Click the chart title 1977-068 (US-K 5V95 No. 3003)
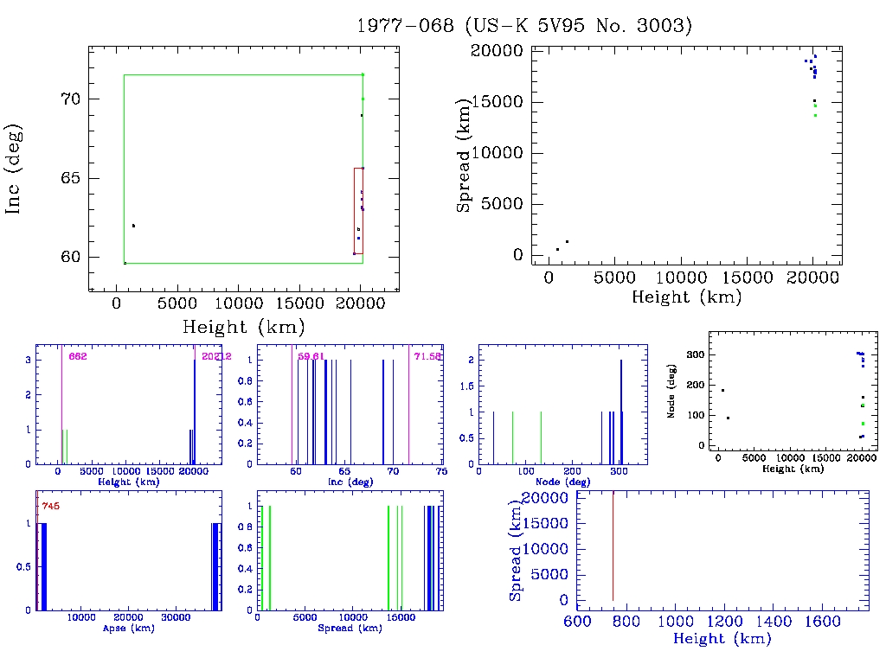tap(525, 26)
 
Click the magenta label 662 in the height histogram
tap(78, 356)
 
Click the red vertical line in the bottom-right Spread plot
tap(613, 545)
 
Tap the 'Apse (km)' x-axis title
tap(127, 628)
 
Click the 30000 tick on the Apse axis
tap(177, 617)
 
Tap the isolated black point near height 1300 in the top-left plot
tap(133, 226)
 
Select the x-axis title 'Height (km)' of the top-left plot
tap(243, 327)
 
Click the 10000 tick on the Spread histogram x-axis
tap(353, 617)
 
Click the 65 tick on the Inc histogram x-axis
tap(344, 471)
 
